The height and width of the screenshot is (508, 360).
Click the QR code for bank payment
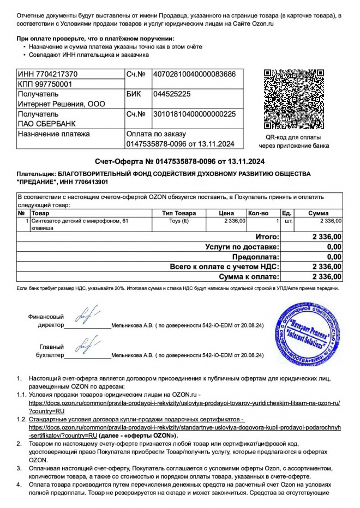pyautogui.click(x=293, y=99)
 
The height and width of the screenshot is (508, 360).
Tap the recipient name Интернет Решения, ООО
pyautogui.click(x=61, y=104)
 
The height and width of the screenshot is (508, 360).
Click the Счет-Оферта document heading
pyautogui.click(x=179, y=161)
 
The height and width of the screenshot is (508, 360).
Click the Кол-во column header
pyautogui.click(x=259, y=213)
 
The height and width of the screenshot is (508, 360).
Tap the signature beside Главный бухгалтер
pyautogui.click(x=86, y=344)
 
